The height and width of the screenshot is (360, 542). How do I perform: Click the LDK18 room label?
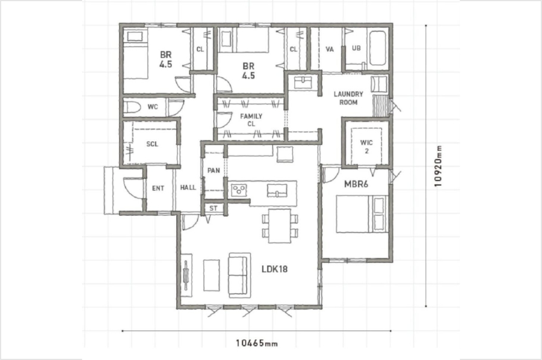[275, 269]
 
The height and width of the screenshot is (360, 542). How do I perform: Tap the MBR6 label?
[356, 184]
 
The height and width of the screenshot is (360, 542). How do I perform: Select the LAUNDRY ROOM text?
[348, 98]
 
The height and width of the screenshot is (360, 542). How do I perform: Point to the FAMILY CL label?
[251, 120]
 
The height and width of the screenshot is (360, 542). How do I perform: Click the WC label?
[153, 107]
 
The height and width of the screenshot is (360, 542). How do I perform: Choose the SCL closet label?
[152, 144]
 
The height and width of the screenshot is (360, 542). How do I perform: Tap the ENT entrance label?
[158, 188]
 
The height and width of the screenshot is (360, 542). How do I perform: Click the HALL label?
[188, 187]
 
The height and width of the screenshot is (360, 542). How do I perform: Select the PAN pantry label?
[214, 170]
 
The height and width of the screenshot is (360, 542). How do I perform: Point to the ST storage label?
[213, 208]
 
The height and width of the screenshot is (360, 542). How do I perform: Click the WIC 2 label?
[366, 147]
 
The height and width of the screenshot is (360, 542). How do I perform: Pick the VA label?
[330, 49]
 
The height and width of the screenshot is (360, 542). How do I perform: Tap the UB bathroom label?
[356, 48]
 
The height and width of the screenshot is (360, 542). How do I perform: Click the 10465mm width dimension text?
[257, 343]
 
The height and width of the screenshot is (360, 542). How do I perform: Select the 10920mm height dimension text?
[438, 166]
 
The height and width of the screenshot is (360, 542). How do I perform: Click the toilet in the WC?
[132, 107]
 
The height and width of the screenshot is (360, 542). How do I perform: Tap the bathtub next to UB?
[378, 48]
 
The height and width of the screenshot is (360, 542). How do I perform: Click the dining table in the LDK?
[280, 226]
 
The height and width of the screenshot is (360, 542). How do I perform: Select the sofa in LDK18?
[239, 275]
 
